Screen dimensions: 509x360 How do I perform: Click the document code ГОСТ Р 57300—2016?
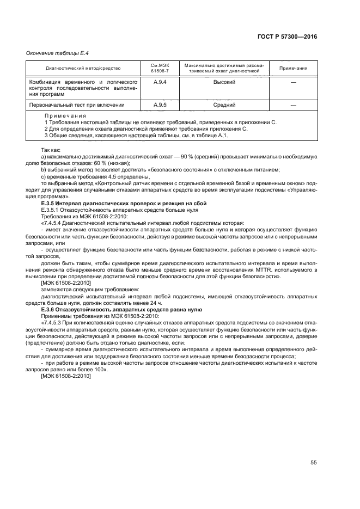[x=288, y=36]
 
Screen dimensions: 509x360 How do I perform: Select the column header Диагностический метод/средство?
[x=83, y=68]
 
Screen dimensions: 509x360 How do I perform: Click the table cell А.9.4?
[x=160, y=81]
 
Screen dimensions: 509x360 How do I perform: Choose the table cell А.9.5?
[x=160, y=105]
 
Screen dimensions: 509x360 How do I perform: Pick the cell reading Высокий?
[x=224, y=81]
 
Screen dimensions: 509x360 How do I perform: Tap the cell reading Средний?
[x=224, y=105]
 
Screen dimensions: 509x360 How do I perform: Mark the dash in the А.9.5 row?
[x=293, y=105]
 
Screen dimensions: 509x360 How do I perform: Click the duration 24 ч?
[x=156, y=303]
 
